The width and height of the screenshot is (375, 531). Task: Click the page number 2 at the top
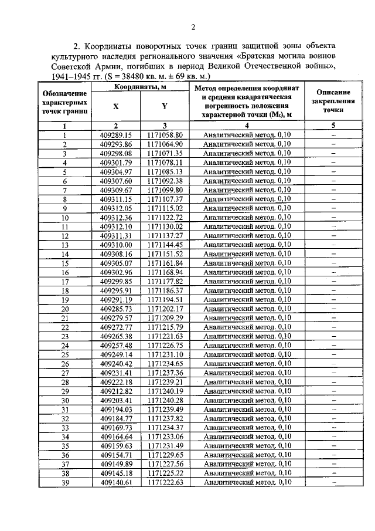click(x=192, y=27)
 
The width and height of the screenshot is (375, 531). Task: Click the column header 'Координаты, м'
click(x=139, y=87)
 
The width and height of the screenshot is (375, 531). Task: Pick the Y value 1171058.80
click(x=165, y=135)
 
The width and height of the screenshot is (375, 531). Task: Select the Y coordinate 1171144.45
click(x=165, y=245)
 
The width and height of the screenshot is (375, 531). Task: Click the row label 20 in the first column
click(x=64, y=309)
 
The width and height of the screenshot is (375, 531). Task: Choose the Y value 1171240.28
click(x=165, y=400)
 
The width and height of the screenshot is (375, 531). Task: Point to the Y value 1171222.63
click(x=165, y=482)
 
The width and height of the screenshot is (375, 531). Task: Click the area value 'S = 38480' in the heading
click(x=137, y=77)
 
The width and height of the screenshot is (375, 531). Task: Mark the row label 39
click(x=64, y=482)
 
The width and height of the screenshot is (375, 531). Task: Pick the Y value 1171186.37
click(x=165, y=290)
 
